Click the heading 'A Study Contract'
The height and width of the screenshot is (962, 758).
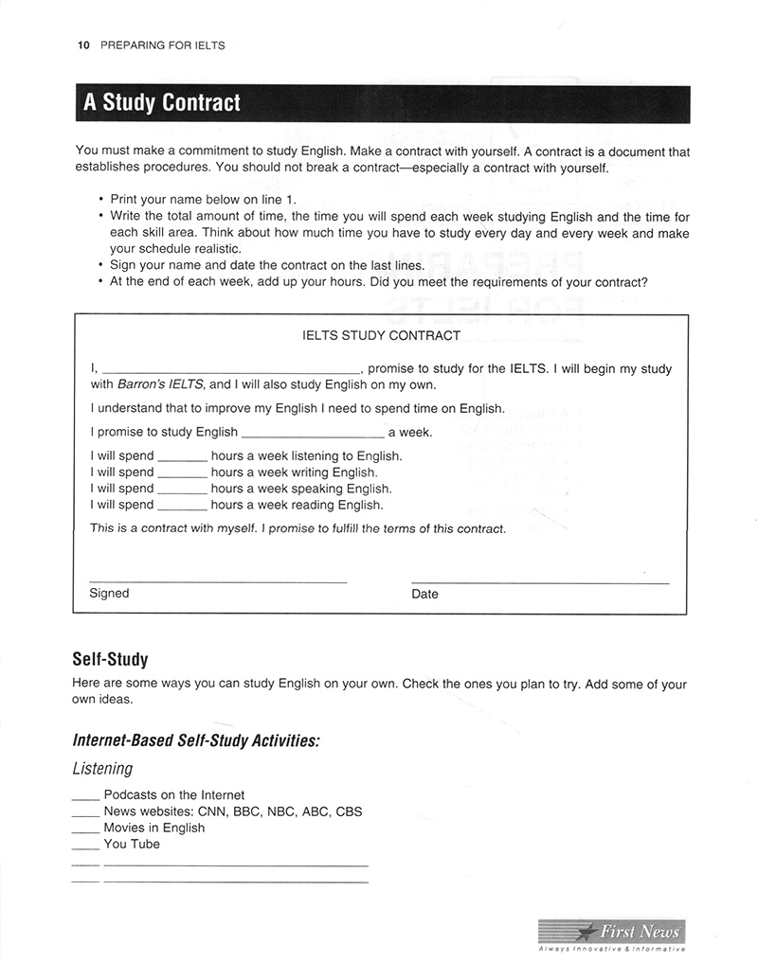162,103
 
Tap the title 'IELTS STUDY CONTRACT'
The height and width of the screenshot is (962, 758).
381,335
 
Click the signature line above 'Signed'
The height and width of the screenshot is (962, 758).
218,580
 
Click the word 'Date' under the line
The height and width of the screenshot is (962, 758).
425,595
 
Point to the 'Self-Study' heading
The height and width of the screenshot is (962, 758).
110,659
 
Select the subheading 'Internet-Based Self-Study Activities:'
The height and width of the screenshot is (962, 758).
196,740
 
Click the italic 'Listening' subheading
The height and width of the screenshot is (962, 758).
102,769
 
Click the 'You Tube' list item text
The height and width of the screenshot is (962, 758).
132,844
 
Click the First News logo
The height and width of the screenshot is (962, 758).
611,933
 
